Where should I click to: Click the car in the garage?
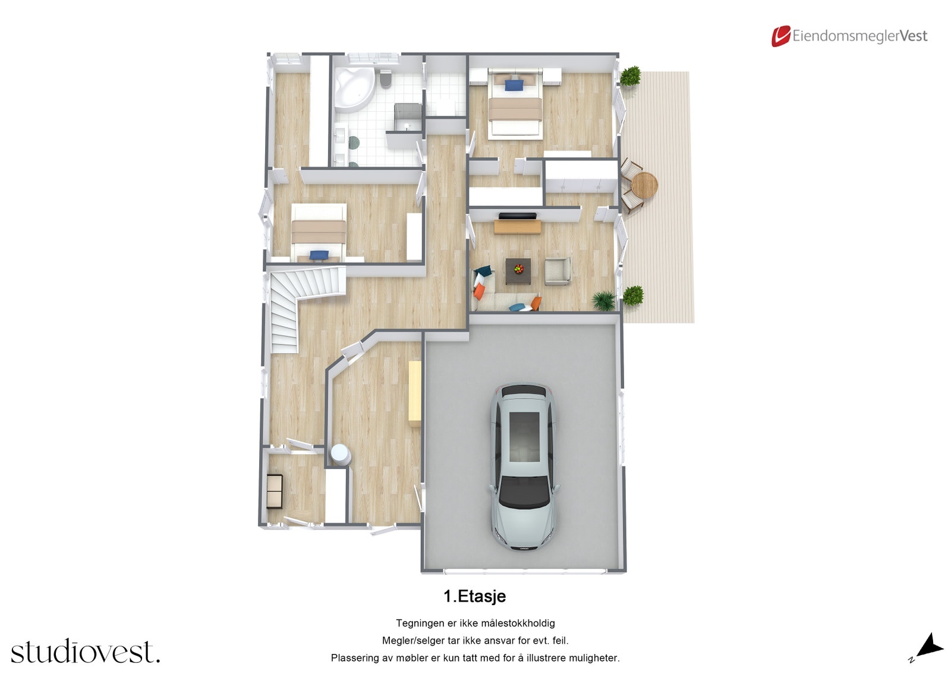coord(524,467)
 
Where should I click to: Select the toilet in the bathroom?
coord(386,79)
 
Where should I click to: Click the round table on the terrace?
coord(644,184)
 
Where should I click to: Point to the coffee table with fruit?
coord(518,271)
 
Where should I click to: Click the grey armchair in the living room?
coord(558,271)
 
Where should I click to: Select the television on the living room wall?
coord(517,216)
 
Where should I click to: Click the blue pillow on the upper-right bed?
coord(514,85)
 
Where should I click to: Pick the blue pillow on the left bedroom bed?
coord(319,255)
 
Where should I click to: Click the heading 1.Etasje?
coord(474,596)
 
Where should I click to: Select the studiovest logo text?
coord(85,652)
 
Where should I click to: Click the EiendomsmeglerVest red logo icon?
coord(780,36)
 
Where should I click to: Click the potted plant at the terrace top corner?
coord(630,76)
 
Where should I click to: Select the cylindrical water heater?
coord(340,453)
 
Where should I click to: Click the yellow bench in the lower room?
coord(414,393)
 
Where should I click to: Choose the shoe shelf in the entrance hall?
coord(274,491)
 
